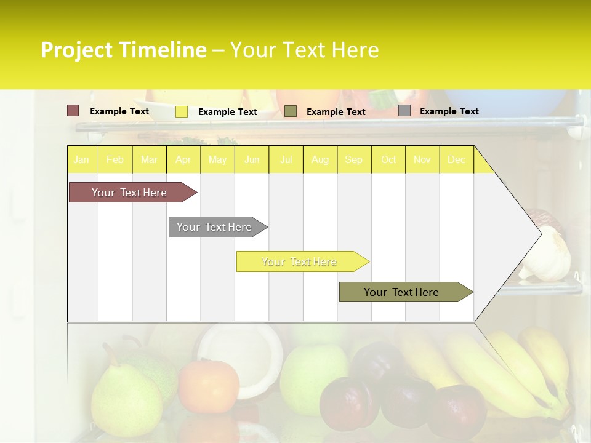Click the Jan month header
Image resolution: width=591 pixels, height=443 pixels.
coord(81,160)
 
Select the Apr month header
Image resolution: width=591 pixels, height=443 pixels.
coord(183,160)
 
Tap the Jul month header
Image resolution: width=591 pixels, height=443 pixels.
coord(286,160)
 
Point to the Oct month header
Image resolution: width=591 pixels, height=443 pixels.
coord(388,160)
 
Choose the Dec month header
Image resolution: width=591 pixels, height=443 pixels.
coord(456,160)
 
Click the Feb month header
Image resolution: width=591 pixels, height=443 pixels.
coord(115,160)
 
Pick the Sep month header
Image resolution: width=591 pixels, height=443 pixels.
coord(353,160)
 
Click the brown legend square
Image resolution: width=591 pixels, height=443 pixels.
coord(73,111)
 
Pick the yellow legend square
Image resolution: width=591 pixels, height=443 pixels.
coord(182,111)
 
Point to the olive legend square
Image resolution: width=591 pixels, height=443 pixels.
coord(291,111)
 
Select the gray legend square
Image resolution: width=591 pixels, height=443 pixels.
coord(404,111)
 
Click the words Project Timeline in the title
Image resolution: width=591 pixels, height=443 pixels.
coord(123,50)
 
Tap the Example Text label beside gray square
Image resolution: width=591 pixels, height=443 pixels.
coord(449,111)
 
